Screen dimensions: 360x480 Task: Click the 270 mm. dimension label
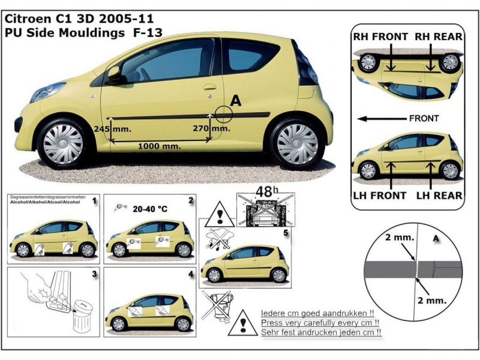point(212,128)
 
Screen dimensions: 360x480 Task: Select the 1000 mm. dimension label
point(160,146)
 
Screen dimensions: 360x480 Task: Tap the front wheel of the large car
point(63,143)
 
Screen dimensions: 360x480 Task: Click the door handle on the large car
point(209,87)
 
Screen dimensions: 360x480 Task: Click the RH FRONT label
point(380,37)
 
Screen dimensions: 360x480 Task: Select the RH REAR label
point(437,37)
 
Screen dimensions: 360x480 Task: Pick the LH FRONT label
point(380,195)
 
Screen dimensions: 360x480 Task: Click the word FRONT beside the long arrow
point(424,118)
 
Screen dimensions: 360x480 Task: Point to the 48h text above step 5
point(264,192)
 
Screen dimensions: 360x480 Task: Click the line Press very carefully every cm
point(322,323)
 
